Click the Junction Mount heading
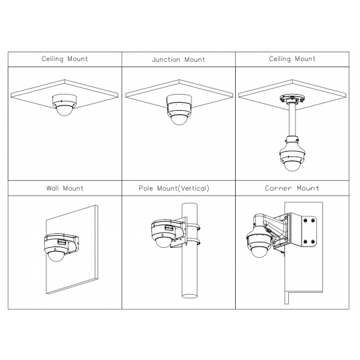point(179,60)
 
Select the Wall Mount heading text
point(64,188)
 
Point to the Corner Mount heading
point(292,188)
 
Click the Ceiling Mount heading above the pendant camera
point(292,59)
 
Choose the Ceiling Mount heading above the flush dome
point(64,59)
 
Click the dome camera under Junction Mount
point(179,109)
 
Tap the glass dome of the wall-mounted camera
point(56,256)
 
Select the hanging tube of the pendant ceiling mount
point(292,120)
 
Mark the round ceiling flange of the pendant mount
point(292,99)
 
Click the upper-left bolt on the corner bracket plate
point(306,220)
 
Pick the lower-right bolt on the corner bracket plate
point(312,242)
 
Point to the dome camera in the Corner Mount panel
point(259,243)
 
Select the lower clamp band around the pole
point(192,241)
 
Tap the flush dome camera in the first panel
point(64,105)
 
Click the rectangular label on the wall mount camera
point(62,242)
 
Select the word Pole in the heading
point(146,188)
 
